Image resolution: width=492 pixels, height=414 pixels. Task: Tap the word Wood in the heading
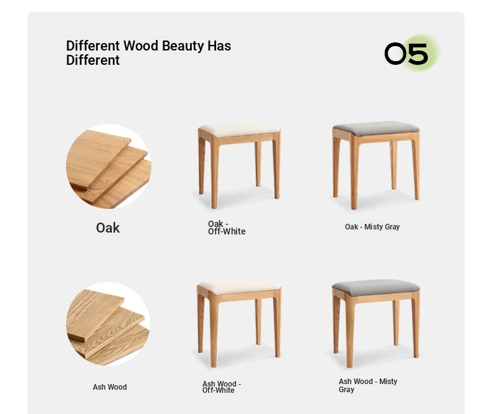tap(141, 46)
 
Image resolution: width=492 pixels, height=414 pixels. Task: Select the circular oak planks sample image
tap(108, 166)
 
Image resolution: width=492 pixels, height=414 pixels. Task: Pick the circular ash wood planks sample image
tap(108, 324)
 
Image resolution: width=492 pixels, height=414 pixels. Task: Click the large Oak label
tap(108, 228)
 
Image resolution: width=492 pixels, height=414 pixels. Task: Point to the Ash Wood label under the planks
tap(110, 387)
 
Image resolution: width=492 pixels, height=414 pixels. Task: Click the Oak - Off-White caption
tap(227, 228)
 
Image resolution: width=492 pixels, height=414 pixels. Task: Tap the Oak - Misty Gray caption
tap(372, 227)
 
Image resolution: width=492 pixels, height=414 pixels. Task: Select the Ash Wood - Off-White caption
tap(222, 387)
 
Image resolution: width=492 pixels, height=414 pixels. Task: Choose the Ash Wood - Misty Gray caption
tap(367, 385)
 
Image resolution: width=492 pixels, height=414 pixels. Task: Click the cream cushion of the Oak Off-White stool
tap(239, 130)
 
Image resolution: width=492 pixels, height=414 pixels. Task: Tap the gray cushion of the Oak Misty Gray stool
tap(376, 128)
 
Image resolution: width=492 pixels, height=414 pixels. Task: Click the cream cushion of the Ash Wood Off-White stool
tap(239, 287)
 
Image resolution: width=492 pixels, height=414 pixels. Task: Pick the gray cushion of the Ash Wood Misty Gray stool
tap(376, 287)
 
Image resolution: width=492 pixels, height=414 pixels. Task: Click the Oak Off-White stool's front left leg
tap(214, 172)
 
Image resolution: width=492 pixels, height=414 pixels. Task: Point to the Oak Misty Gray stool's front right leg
tap(416, 166)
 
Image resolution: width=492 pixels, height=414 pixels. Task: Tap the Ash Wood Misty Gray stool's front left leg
tap(349, 332)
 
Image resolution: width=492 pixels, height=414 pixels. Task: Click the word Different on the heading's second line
tap(93, 60)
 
